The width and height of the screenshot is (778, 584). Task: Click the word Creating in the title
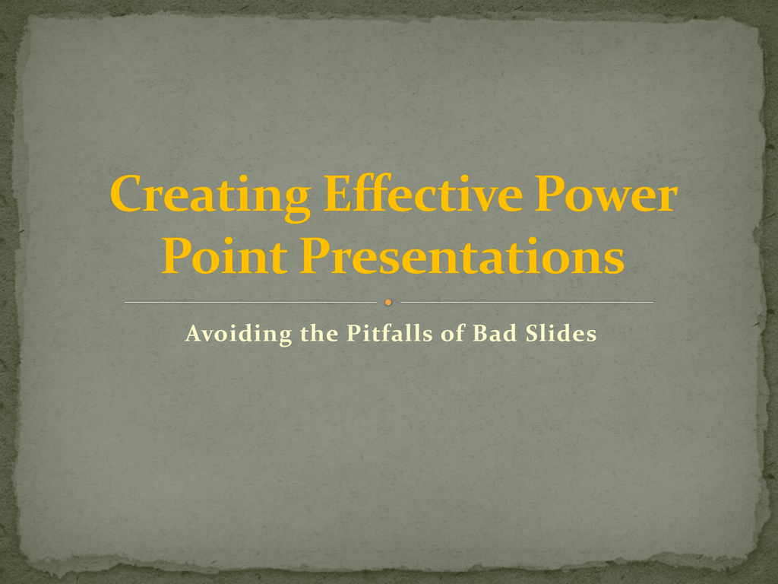(x=210, y=197)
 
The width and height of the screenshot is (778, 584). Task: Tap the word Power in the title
(x=606, y=194)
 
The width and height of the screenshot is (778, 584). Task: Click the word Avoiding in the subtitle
(x=238, y=333)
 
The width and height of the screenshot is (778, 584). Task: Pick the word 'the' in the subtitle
(x=319, y=333)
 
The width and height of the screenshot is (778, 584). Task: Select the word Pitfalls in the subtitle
(x=390, y=333)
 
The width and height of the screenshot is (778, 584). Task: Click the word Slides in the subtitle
(x=561, y=333)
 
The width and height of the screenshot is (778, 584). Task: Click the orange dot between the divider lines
(x=388, y=302)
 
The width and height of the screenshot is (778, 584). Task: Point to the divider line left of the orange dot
(x=251, y=302)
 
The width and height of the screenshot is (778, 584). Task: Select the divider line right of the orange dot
(x=527, y=302)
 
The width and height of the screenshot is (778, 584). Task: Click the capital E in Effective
(x=340, y=194)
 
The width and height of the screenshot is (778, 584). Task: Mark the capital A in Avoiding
(x=194, y=333)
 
